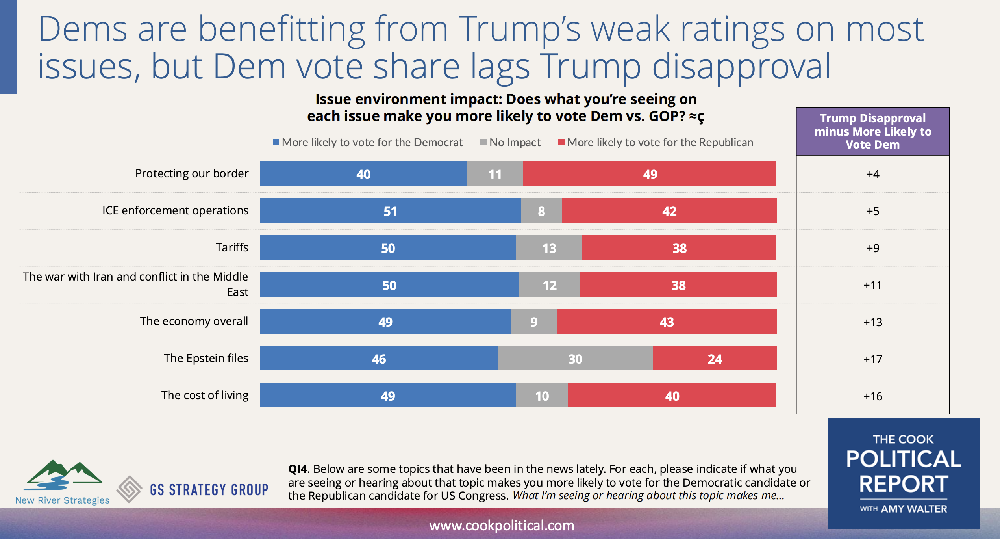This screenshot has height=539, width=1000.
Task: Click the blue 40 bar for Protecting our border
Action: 363,174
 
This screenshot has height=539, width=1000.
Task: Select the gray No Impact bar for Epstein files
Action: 575,358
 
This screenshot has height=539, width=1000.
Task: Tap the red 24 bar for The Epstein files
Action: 714,358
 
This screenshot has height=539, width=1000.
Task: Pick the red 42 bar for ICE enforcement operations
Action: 669,210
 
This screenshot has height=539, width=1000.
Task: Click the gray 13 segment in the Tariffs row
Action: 548,248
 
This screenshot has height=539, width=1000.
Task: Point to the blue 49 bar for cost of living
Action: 387,395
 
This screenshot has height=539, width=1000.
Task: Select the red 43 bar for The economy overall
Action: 666,322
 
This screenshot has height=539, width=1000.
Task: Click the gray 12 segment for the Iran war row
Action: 549,284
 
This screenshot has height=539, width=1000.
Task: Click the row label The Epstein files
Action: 206,358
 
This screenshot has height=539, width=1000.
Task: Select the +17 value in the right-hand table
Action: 872,359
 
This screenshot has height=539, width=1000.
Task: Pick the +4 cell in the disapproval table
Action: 872,174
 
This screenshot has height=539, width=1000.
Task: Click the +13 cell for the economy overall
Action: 872,322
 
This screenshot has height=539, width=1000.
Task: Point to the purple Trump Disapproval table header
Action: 872,131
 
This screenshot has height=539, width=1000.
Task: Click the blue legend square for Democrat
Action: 276,142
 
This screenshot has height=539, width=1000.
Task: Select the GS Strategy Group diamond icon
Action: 129,489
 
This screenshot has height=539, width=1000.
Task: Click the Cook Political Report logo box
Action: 903,473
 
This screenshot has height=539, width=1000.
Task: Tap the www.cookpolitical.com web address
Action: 502,525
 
